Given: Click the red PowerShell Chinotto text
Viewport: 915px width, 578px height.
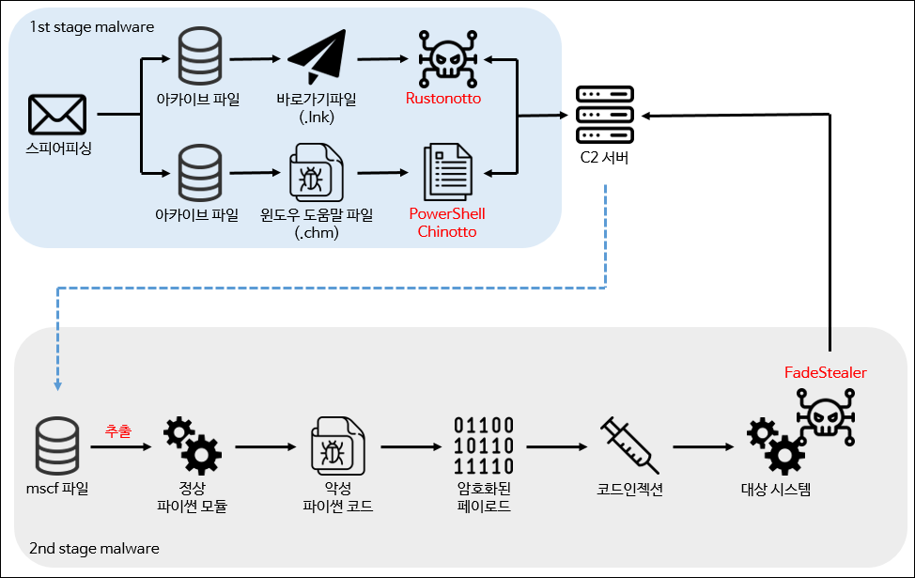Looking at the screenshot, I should (x=447, y=222).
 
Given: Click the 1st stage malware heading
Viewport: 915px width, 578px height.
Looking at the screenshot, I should (x=91, y=26).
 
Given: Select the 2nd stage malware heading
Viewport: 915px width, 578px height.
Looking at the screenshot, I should (x=94, y=548).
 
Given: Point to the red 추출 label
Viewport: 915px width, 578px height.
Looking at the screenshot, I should (x=117, y=430).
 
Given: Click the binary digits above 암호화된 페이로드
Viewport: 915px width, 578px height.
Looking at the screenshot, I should (x=484, y=445).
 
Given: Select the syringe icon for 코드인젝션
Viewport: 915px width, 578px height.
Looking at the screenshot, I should (x=628, y=445).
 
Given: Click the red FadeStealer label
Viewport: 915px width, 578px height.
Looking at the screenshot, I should (x=825, y=372).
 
